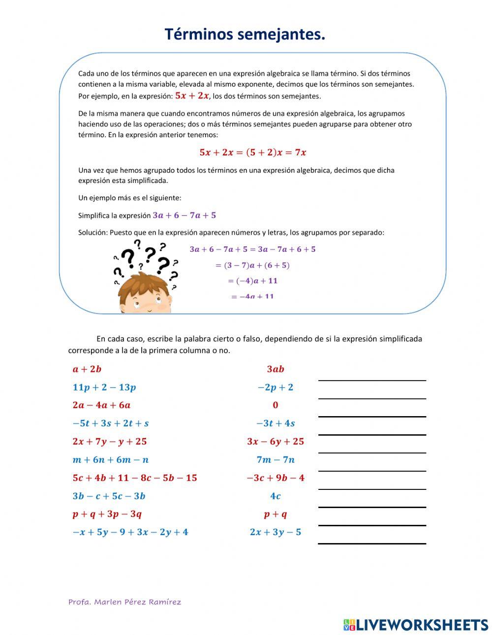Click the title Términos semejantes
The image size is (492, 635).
pos(245,35)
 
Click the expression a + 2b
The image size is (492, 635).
pos(87,369)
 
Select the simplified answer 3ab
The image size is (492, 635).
pos(276,369)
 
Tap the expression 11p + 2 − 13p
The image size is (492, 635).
pos(104,387)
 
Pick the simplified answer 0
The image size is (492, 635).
pos(276,405)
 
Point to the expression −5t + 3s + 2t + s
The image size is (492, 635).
pos(111,423)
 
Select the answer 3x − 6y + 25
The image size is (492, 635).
pos(276,442)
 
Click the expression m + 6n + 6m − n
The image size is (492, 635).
pos(111,460)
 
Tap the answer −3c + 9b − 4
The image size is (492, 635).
pos(276,478)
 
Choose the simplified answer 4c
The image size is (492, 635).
pos(276,496)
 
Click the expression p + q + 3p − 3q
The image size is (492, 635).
pos(107,514)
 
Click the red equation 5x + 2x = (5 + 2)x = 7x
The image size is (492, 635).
pos(253,152)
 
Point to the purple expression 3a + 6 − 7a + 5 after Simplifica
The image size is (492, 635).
pos(184,215)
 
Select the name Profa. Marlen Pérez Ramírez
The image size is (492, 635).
pos(124,602)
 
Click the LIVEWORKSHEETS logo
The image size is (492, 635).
pos(416,625)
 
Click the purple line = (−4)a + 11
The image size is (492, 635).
pos(252,281)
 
